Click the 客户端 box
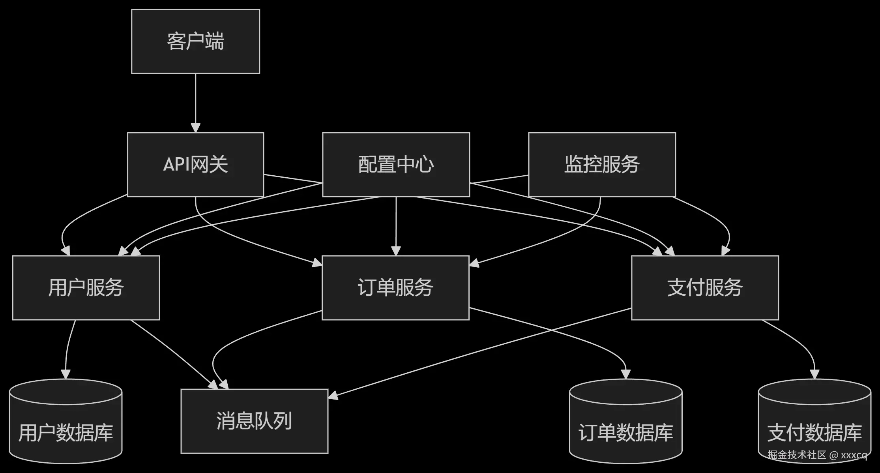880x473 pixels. pyautogui.click(x=195, y=41)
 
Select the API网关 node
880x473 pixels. pyautogui.click(x=195, y=164)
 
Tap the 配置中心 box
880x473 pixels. pyautogui.click(x=396, y=164)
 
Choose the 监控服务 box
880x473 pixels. pyautogui.click(x=602, y=164)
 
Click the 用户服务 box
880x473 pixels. pyautogui.click(x=86, y=287)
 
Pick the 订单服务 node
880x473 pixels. pyautogui.click(x=395, y=287)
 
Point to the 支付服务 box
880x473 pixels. pyautogui.click(x=705, y=287)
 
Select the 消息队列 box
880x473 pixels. pyautogui.click(x=254, y=421)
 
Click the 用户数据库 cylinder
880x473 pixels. pyautogui.click(x=66, y=426)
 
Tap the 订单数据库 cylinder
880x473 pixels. pyautogui.click(x=625, y=426)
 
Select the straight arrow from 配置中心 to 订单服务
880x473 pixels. pyautogui.click(x=396, y=225)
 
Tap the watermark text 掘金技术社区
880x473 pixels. pyautogui.click(x=797, y=455)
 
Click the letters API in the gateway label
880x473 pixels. pyautogui.click(x=176, y=164)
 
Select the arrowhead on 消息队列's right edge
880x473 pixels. pyautogui.click(x=333, y=395)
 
